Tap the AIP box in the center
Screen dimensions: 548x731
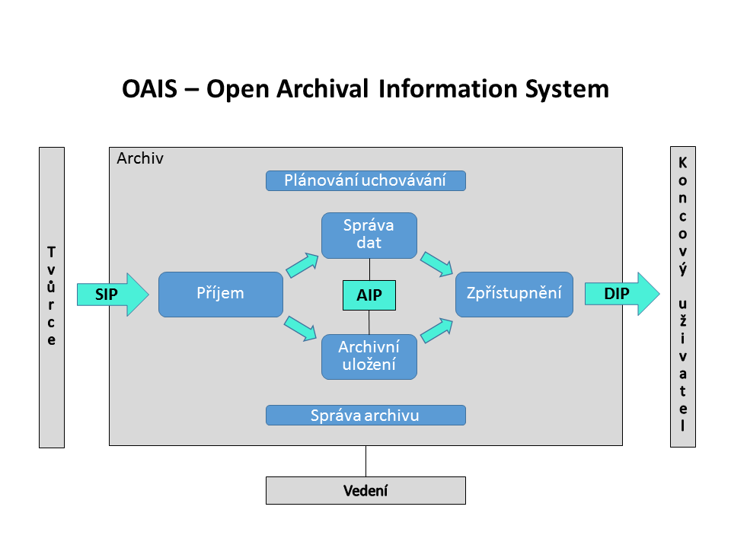369,295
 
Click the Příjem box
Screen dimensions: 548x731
220,294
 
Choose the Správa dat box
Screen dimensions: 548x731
369,235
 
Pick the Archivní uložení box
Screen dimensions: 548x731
369,356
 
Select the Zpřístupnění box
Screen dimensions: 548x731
514,294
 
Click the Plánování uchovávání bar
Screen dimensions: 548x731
365,180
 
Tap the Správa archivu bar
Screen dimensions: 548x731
365,415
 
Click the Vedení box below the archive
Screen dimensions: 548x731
365,490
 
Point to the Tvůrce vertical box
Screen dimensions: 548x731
52,297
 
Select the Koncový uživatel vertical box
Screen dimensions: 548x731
682,297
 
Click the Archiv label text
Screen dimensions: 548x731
140,159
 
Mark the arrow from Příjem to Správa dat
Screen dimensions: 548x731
302,264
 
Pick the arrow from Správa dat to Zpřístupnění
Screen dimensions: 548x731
437,263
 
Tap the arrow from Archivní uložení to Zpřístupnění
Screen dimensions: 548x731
437,329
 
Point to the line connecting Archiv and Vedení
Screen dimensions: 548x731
365,460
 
